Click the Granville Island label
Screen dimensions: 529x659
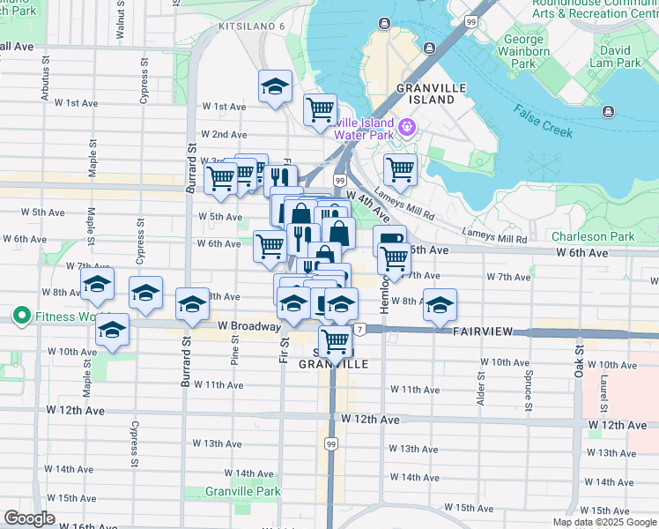pyautogui.click(x=425, y=93)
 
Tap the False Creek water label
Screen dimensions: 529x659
pyautogui.click(x=544, y=123)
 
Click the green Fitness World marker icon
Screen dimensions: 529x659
pyautogui.click(x=20, y=316)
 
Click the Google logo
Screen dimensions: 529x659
pyautogui.click(x=30, y=518)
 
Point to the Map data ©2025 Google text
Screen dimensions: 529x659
pyautogui.click(x=603, y=522)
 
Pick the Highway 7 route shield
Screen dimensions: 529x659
pyautogui.click(x=359, y=330)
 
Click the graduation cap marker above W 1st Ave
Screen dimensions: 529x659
pyautogui.click(x=276, y=87)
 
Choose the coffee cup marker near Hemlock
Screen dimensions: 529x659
pyautogui.click(x=389, y=239)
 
